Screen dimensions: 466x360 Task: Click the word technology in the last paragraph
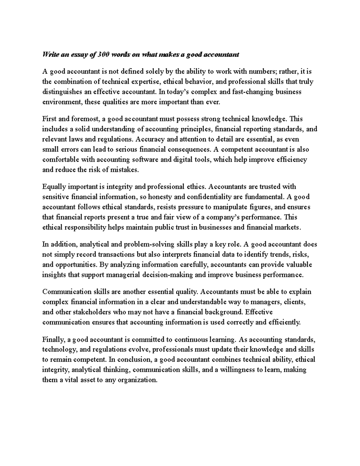[x=60, y=350]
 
